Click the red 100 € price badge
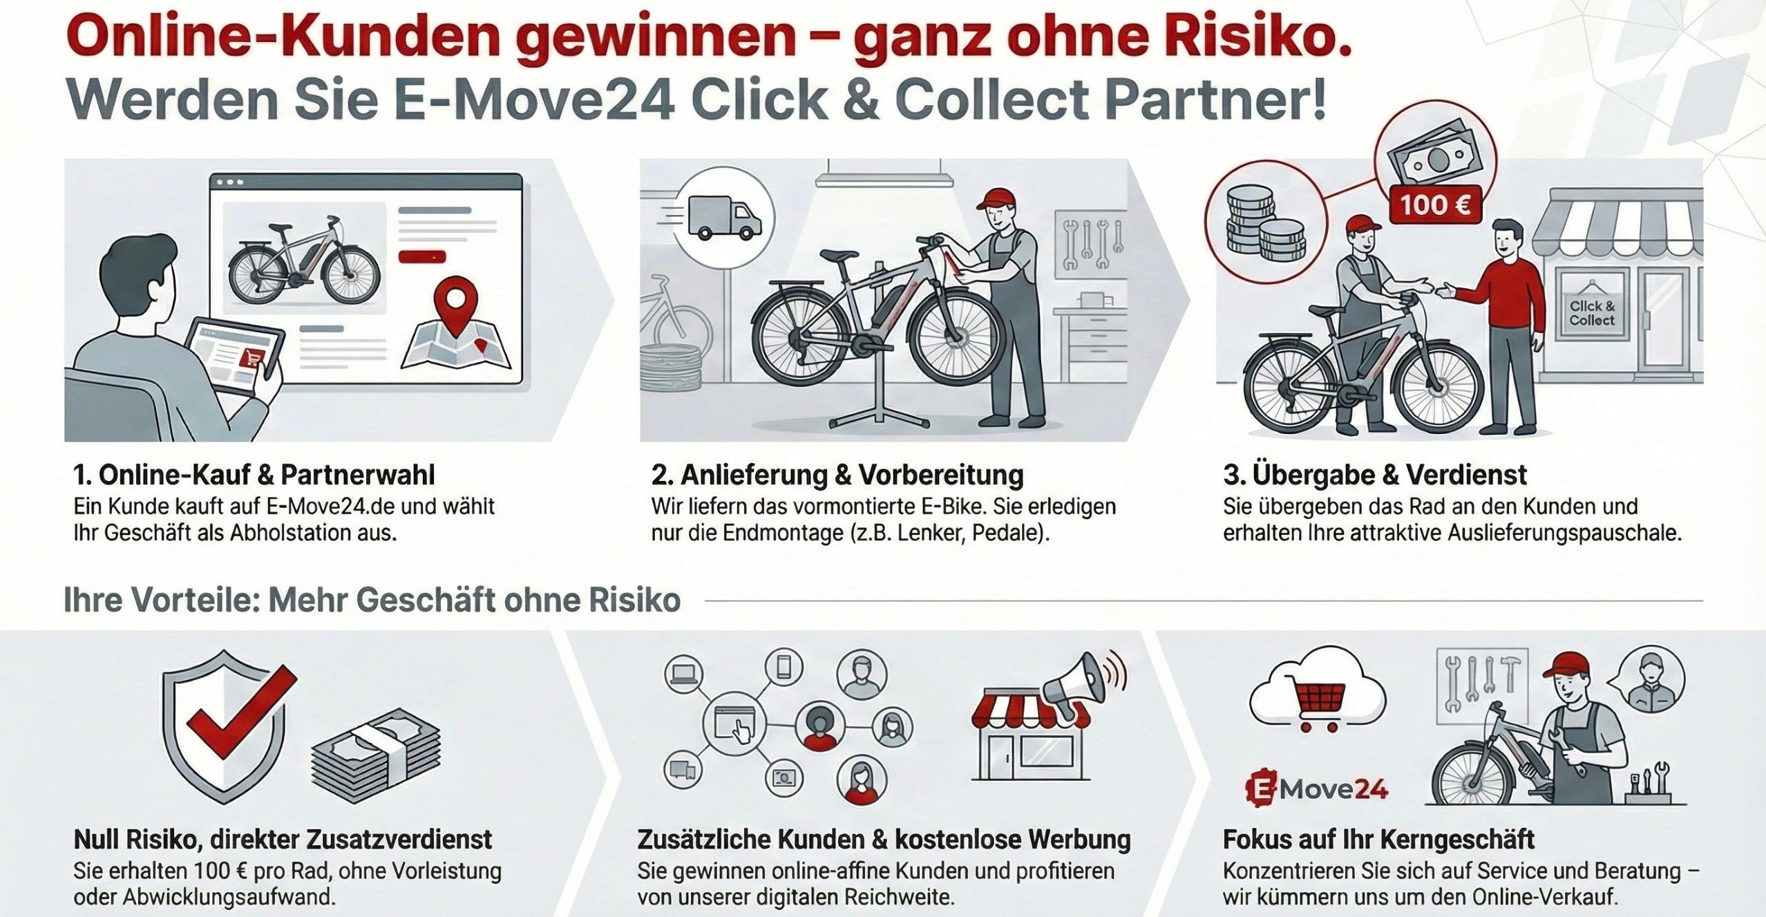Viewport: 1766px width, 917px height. pos(1434,205)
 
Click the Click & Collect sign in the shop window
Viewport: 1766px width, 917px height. pos(1591,313)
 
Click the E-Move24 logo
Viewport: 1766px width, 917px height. pos(1317,789)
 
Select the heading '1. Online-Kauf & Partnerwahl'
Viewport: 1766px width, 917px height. pos(254,475)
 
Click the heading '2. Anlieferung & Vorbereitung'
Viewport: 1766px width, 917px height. pos(837,475)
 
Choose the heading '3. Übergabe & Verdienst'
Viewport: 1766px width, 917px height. pos(1375,475)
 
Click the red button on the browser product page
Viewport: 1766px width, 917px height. pos(422,257)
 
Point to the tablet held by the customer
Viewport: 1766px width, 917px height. pos(235,354)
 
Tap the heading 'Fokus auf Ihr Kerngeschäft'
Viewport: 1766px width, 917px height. pos(1378,840)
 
